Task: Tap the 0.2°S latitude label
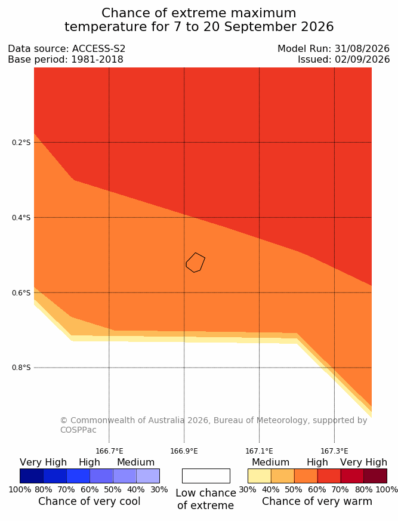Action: [21, 143]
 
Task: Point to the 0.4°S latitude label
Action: [21, 218]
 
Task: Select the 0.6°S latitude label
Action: [21, 293]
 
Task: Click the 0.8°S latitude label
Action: [21, 368]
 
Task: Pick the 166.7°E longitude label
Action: [109, 451]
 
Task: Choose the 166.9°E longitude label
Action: [184, 451]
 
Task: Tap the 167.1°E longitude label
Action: [259, 451]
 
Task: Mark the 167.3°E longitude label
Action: [334, 451]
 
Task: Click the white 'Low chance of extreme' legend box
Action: [206, 476]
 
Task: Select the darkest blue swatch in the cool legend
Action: [32, 476]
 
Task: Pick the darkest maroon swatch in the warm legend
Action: [375, 476]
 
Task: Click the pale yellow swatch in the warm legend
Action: [260, 476]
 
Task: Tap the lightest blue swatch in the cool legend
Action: [148, 476]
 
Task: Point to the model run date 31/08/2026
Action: [362, 49]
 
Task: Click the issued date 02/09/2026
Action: [362, 60]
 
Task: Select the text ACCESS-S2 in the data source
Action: [98, 49]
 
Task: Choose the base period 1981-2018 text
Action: [97, 60]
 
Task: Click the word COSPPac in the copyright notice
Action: [78, 430]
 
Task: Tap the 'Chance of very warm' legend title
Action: [317, 501]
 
